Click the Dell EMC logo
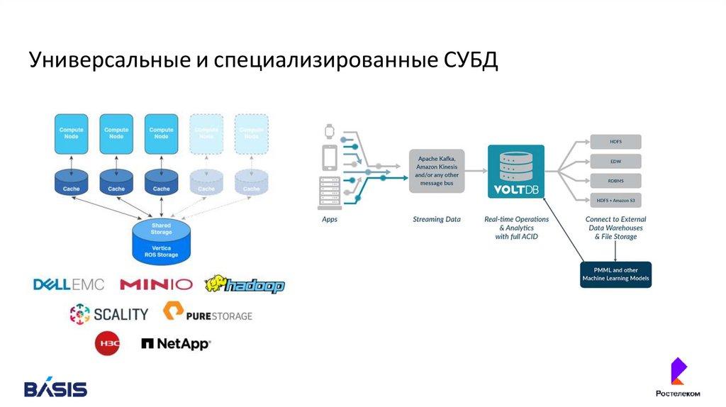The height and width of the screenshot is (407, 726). point(69,285)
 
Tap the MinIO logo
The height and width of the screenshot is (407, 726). point(156,285)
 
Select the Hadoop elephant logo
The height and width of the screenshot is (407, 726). point(245,285)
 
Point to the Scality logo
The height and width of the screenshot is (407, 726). point(109,313)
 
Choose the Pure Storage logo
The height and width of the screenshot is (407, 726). point(208,313)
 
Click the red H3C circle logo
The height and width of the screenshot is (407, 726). point(107,344)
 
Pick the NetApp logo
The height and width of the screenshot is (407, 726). point(176,344)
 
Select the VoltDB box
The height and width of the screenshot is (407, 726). point(516,171)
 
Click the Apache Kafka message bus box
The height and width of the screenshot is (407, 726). point(437,171)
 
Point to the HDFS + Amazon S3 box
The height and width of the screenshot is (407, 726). point(615,201)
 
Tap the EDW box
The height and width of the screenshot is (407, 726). point(615,161)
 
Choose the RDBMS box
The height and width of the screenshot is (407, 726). point(615,181)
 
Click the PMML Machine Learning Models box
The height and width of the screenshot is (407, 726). point(615,274)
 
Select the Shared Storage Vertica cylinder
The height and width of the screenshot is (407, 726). point(162,240)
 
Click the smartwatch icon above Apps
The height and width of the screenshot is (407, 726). point(329,131)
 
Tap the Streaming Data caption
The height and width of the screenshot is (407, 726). point(437,220)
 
